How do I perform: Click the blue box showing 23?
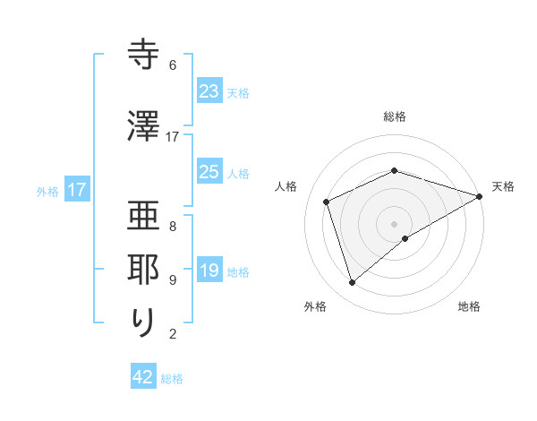209,91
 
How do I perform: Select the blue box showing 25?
209,172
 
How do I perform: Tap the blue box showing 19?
209,271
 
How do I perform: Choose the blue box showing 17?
76,190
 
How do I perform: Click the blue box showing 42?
143,377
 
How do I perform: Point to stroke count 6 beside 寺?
173,65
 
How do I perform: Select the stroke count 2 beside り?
173,335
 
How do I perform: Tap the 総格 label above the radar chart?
395,116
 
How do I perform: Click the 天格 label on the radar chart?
503,186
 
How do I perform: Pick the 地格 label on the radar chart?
469,306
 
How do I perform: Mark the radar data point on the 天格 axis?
480,196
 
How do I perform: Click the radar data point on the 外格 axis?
352,283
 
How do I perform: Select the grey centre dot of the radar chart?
394,223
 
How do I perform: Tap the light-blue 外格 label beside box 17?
47,191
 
